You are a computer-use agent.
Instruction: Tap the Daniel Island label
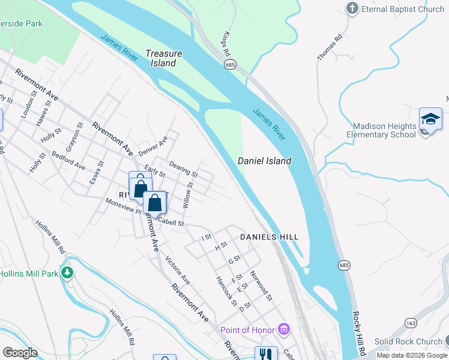[x=265, y=161]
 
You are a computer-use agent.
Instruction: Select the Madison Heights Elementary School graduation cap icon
[x=430, y=119]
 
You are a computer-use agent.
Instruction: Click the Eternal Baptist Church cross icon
[x=352, y=8]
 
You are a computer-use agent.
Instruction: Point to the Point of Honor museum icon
[x=284, y=329]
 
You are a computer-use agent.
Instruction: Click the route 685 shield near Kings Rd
[x=229, y=64]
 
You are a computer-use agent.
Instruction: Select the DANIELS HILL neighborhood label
[x=270, y=238]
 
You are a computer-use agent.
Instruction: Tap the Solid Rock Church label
[x=408, y=341]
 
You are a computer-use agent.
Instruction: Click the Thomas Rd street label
[x=330, y=47]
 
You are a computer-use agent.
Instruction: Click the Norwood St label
[x=262, y=286]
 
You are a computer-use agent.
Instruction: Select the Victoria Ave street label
[x=178, y=271]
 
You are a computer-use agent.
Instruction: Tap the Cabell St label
[x=170, y=223]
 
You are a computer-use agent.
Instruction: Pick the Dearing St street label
[x=183, y=170]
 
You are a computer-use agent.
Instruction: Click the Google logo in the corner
[x=20, y=353]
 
